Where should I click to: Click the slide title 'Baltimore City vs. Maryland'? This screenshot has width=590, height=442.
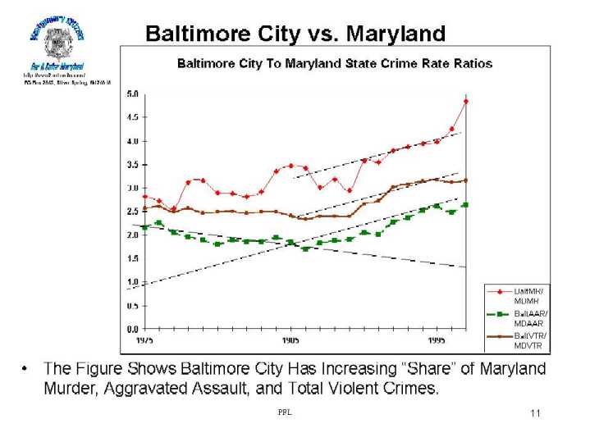pyautogui.click(x=295, y=34)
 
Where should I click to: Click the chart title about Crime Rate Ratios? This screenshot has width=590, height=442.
pyautogui.click(x=335, y=63)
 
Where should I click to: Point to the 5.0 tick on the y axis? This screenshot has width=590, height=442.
pyautogui.click(x=132, y=93)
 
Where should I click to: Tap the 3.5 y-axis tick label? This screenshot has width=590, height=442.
pyautogui.click(x=132, y=165)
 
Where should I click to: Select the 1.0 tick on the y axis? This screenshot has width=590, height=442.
pyautogui.click(x=132, y=282)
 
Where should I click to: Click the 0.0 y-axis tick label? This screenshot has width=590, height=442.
pyautogui.click(x=132, y=330)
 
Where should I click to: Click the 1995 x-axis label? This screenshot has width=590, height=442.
pyautogui.click(x=436, y=339)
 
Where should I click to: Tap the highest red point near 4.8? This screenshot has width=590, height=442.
pyautogui.click(x=465, y=102)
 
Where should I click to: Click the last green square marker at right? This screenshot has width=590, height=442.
pyautogui.click(x=465, y=205)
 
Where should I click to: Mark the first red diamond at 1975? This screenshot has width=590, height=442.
pyautogui.click(x=144, y=197)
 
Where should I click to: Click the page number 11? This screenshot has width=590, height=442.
pyautogui.click(x=535, y=413)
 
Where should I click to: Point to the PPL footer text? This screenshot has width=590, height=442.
pyautogui.click(x=285, y=412)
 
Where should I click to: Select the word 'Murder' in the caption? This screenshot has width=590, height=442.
pyautogui.click(x=72, y=388)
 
